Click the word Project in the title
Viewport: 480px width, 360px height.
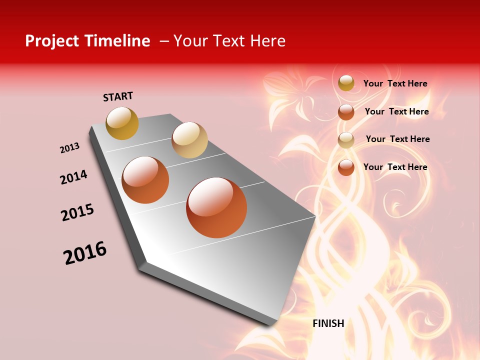point(52,41)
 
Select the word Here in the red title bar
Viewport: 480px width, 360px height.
point(267,41)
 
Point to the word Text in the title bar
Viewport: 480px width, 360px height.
point(229,41)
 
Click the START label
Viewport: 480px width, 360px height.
point(118,96)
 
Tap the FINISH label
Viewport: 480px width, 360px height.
point(328,323)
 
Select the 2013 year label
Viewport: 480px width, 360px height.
point(69,148)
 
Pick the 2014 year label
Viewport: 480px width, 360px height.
point(73,177)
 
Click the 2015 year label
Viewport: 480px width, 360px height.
point(77,213)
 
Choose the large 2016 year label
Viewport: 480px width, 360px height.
point(85,253)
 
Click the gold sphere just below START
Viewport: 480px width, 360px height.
point(122,123)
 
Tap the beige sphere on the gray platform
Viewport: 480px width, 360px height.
point(189,140)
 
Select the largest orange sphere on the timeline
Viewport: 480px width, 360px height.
point(216,207)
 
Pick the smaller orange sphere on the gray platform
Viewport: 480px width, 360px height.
point(145,180)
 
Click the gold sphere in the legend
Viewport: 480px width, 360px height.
point(346,83)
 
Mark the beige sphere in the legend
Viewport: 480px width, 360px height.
point(346,140)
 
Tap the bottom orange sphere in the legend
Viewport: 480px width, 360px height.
point(346,167)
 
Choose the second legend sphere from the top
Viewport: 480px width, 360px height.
point(346,112)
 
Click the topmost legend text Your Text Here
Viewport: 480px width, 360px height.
point(395,83)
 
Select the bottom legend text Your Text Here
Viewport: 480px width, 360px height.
point(395,167)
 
